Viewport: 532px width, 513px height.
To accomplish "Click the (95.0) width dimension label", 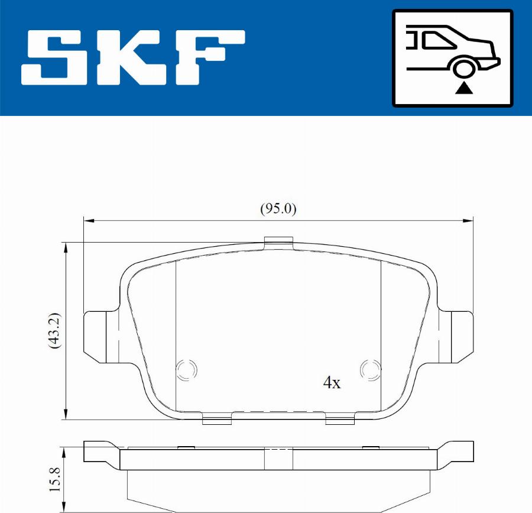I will pyautogui.click(x=278, y=209).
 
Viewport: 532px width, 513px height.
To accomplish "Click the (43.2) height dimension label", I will pyautogui.click(x=54, y=331).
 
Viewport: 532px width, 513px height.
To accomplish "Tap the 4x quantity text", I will pyautogui.click(x=332, y=383).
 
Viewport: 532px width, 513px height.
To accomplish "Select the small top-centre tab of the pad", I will pyautogui.click(x=278, y=241).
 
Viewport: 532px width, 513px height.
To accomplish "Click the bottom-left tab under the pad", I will pyautogui.click(x=216, y=420).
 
